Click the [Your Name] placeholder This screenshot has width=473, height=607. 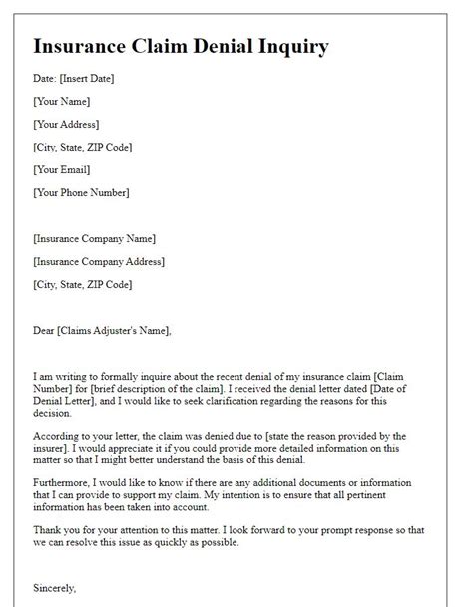pos(62,102)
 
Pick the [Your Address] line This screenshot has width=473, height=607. pos(67,125)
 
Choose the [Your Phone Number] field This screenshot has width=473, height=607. pos(82,192)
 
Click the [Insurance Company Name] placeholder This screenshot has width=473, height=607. pos(95,239)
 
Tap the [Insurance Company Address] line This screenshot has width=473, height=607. pos(99,262)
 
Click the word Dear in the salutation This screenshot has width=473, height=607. pos(45,330)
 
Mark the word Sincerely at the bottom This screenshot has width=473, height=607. pos(57,589)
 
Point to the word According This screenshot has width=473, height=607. pos(60,436)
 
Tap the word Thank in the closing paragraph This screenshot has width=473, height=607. pos(49,529)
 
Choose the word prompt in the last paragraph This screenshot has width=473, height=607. pos(349,529)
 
